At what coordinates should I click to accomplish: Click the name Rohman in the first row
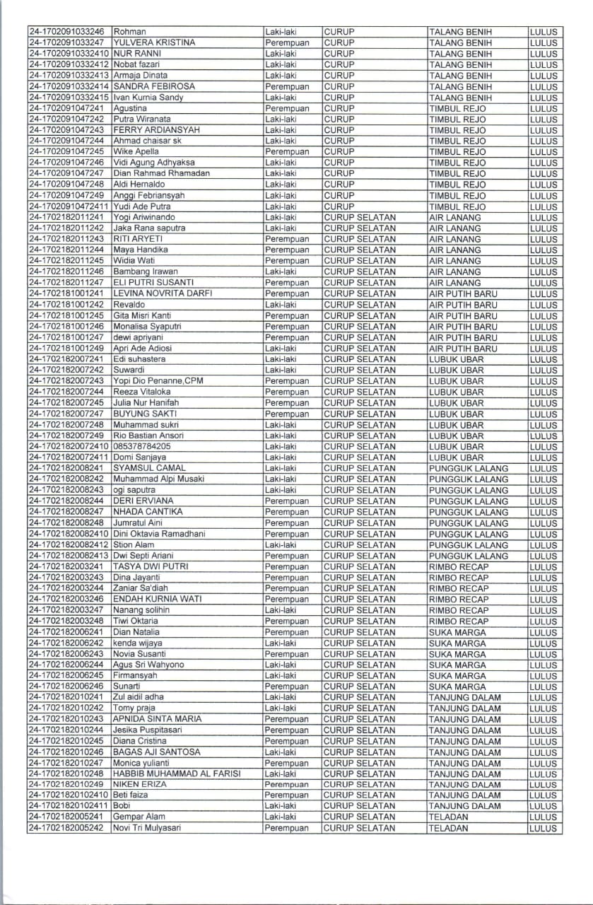129,32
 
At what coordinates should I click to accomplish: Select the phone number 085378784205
141,446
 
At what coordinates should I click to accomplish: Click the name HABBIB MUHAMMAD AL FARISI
177,773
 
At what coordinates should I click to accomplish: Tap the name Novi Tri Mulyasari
148,828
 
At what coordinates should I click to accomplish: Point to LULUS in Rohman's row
543,32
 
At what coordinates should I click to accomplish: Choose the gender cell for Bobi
281,806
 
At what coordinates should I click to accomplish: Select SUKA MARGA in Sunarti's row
457,687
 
